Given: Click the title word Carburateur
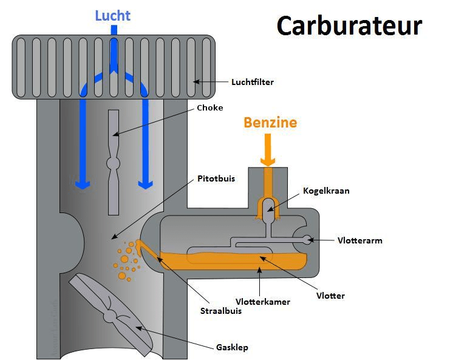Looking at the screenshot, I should click(349, 26).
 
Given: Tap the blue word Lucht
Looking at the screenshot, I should click(112, 15).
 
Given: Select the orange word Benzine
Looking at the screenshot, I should click(270, 123).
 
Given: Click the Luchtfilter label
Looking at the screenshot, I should click(252, 82).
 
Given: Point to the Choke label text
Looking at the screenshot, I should click(209, 108).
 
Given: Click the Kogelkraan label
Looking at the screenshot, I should click(326, 191).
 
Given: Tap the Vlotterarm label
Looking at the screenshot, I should click(359, 240).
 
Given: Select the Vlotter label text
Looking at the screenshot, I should click(330, 296).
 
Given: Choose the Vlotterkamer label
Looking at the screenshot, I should click(262, 302).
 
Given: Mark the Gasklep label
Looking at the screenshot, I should click(232, 348).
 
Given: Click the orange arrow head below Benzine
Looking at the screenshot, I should click(268, 161).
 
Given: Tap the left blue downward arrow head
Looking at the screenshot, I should click(83, 182).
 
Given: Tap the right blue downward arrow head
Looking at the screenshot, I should click(145, 182).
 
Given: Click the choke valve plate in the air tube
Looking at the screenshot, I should click(114, 162).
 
